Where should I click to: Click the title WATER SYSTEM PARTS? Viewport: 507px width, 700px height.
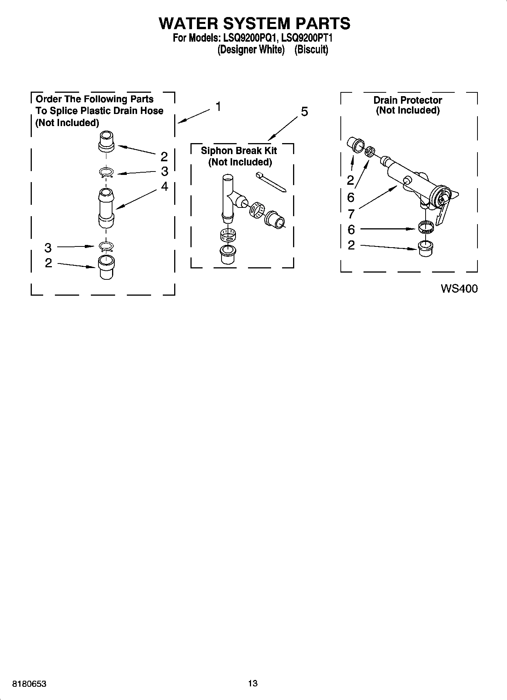254,23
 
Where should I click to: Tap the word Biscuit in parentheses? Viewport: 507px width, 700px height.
311,50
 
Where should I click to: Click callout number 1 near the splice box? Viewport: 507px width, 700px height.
218,107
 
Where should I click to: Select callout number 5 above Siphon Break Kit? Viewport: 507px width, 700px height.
304,112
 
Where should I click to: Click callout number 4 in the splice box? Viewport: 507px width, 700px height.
164,186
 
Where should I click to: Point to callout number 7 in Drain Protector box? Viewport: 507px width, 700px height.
351,214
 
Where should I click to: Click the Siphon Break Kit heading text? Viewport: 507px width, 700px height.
239,151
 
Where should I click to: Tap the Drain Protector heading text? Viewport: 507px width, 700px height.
407,100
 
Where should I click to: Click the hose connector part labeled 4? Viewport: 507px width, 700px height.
106,208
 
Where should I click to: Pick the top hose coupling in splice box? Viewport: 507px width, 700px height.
106,141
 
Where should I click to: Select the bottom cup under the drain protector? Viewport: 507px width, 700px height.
426,248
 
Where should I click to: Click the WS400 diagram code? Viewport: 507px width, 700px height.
459,289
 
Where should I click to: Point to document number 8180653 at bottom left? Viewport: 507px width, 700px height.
29,684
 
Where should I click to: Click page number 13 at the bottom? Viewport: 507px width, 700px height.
253,683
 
